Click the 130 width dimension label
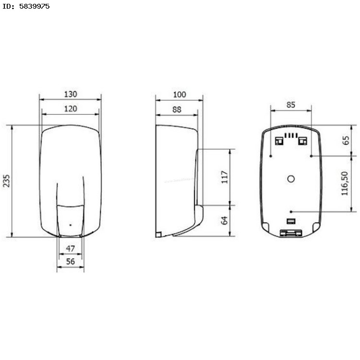tap(71, 94)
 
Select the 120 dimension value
tap(71, 109)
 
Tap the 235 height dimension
tap(6, 181)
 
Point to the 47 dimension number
tap(71, 249)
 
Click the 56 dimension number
tap(71, 261)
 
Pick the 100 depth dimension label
tap(180, 95)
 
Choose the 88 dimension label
tap(177, 109)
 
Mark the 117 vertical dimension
tap(225, 177)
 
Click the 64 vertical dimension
tap(224, 220)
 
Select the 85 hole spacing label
tap(291, 105)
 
